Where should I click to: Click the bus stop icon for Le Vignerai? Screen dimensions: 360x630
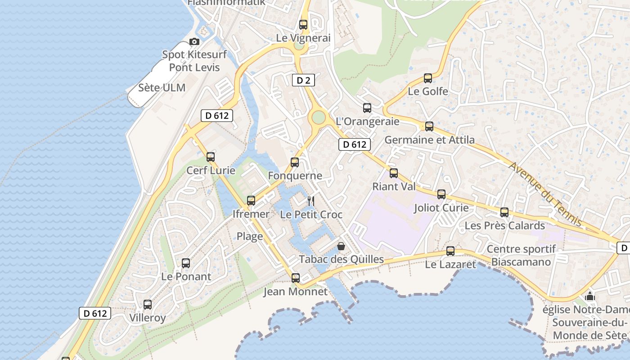pyautogui.click(x=303, y=25)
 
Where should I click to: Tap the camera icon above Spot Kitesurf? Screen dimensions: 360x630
pyautogui.click(x=194, y=42)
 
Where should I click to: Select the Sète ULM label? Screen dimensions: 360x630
pyautogui.click(x=162, y=87)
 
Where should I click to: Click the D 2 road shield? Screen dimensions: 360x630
pyautogui.click(x=303, y=81)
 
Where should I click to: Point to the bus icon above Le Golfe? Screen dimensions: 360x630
pyautogui.click(x=428, y=78)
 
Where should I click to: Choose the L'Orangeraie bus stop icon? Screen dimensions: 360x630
pyautogui.click(x=367, y=108)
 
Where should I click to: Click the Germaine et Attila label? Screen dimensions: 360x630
pyautogui.click(x=429, y=140)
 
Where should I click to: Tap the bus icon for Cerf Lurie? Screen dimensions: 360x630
pyautogui.click(x=211, y=157)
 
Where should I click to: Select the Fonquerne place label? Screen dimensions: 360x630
pyautogui.click(x=295, y=176)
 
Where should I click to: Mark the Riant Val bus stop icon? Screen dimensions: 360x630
pyautogui.click(x=394, y=173)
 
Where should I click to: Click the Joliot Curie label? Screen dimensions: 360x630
pyautogui.click(x=441, y=208)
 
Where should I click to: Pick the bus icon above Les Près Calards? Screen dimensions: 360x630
pyautogui.click(x=504, y=212)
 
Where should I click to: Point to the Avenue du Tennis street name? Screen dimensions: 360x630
pyautogui.click(x=545, y=194)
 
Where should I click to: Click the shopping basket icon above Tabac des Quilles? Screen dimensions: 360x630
pyautogui.click(x=341, y=246)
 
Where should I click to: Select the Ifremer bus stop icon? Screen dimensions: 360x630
pyautogui.click(x=251, y=201)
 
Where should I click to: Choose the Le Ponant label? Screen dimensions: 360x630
pyautogui.click(x=186, y=277)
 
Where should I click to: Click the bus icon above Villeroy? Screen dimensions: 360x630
pyautogui.click(x=148, y=305)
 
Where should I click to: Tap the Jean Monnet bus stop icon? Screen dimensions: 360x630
pyautogui.click(x=295, y=278)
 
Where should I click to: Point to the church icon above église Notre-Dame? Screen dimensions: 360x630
pyautogui.click(x=589, y=297)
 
